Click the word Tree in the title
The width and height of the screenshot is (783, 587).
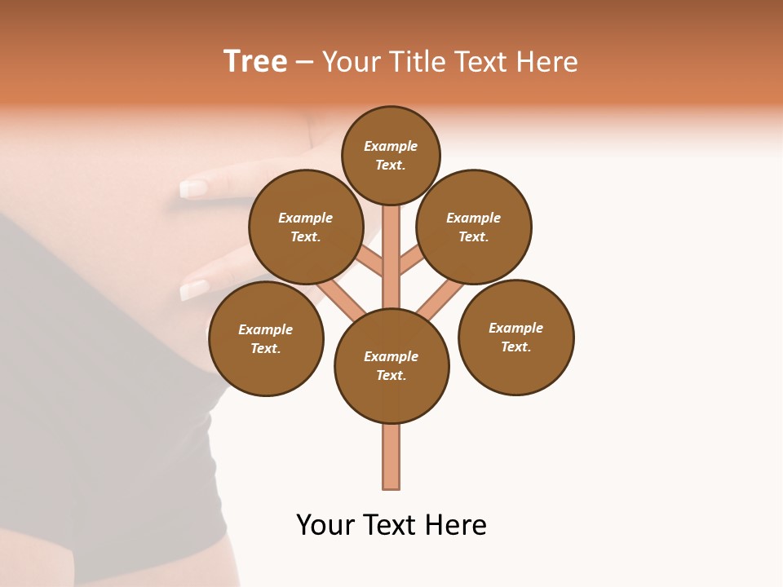click(255, 62)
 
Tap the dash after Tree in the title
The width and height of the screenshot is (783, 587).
click(304, 63)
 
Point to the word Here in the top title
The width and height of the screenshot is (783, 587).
click(546, 62)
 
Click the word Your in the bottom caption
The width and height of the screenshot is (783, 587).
click(326, 525)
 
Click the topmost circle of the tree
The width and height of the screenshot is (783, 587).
click(391, 155)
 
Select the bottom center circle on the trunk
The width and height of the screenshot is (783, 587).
click(391, 366)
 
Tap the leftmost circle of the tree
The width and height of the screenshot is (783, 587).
click(266, 339)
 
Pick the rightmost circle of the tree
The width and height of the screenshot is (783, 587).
click(515, 338)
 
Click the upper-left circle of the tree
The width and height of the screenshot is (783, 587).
click(305, 227)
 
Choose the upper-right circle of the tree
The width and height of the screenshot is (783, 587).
click(473, 227)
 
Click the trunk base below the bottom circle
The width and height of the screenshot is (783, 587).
click(391, 457)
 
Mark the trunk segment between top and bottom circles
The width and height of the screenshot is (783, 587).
click(391, 269)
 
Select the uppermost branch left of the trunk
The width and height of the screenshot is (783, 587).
click(371, 261)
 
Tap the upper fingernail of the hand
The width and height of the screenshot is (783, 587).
click(193, 189)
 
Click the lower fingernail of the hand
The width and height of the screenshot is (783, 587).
click(194, 289)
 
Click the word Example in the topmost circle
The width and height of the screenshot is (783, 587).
click(391, 146)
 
